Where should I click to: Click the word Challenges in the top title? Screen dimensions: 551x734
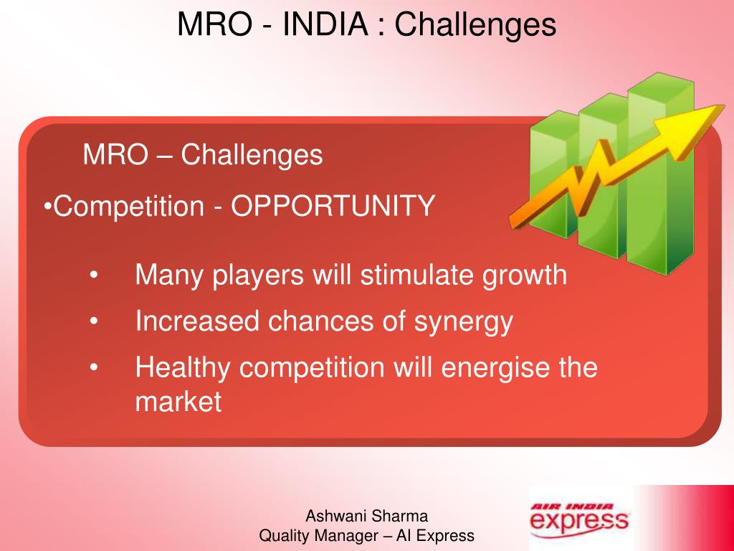click(475, 24)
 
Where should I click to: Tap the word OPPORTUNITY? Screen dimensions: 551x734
click(333, 207)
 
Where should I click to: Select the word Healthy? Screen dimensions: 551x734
click(183, 367)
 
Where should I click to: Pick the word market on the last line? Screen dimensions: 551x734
click(178, 402)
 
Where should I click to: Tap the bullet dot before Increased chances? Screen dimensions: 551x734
click(95, 322)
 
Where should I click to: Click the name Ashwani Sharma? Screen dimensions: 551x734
click(367, 515)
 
